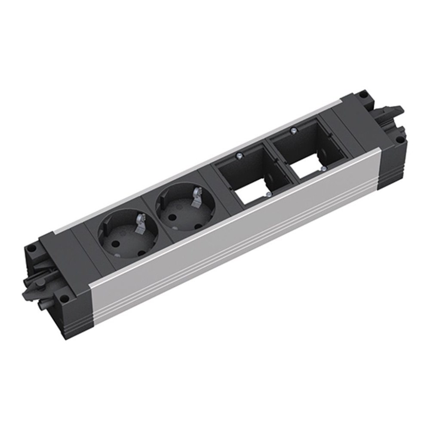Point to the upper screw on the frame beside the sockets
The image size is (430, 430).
[x=238, y=156]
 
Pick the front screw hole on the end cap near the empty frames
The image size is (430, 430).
[x=399, y=140]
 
